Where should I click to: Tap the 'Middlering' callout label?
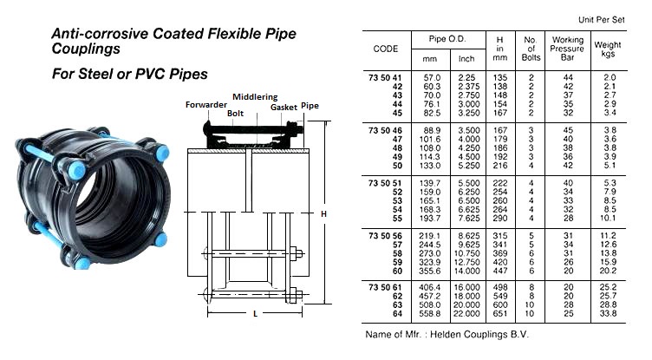coord(253,96)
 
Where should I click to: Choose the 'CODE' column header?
coord(386,49)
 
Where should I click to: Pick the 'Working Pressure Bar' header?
coord(567,45)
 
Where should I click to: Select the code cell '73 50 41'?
coord(386,77)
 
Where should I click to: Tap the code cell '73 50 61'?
coord(386,288)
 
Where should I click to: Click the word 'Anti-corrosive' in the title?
coord(94,34)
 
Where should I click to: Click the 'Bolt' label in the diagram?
coord(234,114)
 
